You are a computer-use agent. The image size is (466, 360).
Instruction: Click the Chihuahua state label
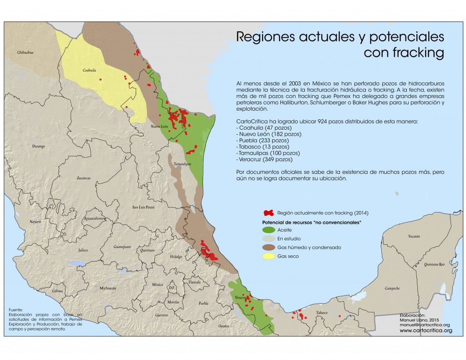tap(26, 53)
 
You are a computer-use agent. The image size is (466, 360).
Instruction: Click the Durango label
tap(38, 147)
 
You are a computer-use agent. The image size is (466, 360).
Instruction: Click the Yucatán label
tap(414, 237)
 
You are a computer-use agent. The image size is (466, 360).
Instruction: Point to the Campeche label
tap(392, 289)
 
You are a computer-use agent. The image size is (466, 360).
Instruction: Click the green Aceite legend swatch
tap(269, 230)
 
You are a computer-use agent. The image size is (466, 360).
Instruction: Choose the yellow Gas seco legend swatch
tap(269, 256)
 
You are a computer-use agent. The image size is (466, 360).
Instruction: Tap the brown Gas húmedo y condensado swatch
tap(269, 248)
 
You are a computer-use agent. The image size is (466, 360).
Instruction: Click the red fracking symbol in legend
tap(269, 213)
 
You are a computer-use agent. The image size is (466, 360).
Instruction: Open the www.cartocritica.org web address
tap(426, 330)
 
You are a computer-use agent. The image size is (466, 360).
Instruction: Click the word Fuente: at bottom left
tap(15, 309)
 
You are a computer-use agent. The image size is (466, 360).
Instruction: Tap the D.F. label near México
tap(172, 288)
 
